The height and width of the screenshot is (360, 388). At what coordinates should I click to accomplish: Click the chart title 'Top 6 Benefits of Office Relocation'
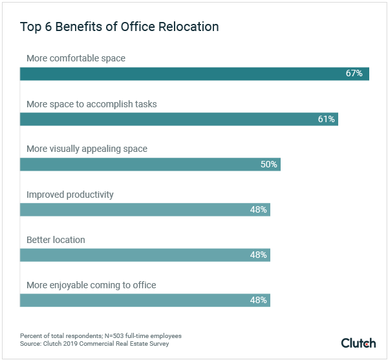point(119,27)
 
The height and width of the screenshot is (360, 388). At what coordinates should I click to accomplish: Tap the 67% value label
point(354,74)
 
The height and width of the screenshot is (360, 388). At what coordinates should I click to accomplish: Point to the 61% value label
point(326,119)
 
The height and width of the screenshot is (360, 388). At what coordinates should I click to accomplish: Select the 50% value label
point(269,164)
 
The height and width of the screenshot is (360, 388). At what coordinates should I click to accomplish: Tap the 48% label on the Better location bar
point(259,255)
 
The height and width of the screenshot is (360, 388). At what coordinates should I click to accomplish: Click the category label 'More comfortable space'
point(76,58)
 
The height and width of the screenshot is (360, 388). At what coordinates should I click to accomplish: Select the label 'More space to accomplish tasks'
point(91,103)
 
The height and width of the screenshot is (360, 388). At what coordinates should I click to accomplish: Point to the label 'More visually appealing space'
point(87,149)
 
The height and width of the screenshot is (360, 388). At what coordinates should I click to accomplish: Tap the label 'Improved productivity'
point(70,195)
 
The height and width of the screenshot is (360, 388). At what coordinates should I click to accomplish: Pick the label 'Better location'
point(56,240)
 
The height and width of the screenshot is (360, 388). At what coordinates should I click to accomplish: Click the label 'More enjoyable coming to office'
point(91,285)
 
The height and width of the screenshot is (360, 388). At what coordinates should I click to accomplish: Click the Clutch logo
point(358,342)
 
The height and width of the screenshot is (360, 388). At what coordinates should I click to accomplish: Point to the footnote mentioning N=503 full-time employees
point(101,335)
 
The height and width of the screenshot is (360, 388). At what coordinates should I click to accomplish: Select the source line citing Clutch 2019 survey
point(95,343)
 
